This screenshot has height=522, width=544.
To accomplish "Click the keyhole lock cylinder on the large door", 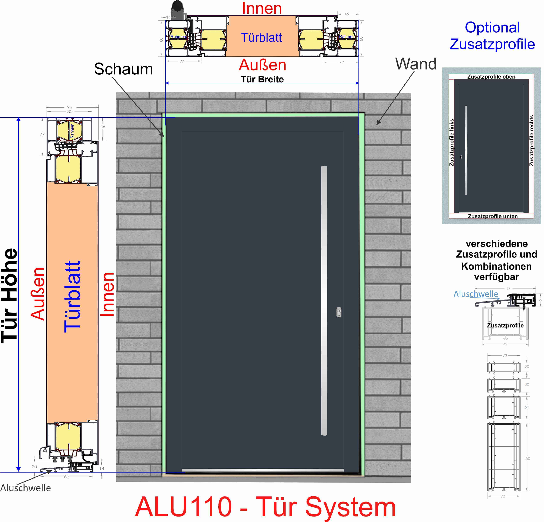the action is (339, 312).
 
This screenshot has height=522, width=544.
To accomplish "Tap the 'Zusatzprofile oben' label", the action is (491, 77).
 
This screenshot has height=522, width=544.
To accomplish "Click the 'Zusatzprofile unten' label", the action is (493, 216).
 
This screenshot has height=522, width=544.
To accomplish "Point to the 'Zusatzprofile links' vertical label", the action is (452, 142).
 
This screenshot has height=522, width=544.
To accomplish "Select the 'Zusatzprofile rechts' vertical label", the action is (531, 141).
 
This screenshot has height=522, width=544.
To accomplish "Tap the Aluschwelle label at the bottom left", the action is (26, 488).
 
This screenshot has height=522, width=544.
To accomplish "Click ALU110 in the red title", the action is (183, 507).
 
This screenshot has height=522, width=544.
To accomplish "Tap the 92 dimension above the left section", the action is (69, 107).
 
